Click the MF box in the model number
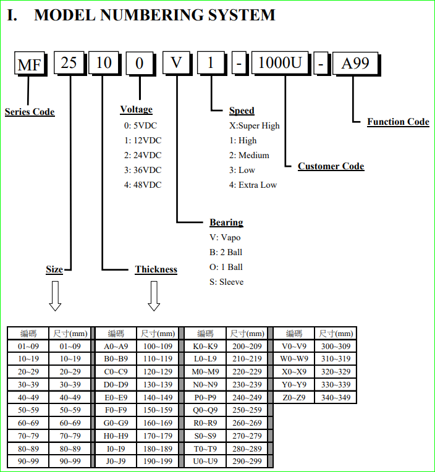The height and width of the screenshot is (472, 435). click(x=31, y=64)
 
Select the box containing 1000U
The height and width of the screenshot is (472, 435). click(x=280, y=64)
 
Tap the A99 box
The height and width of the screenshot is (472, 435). click(x=355, y=64)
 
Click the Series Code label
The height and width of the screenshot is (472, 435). click(x=30, y=112)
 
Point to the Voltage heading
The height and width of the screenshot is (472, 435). click(x=136, y=109)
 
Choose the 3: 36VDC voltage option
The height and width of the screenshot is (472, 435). click(x=143, y=170)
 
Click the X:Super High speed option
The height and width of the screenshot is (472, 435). click(x=255, y=125)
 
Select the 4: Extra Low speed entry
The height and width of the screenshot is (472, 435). click(x=253, y=185)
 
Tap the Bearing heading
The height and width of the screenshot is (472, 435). click(x=226, y=222)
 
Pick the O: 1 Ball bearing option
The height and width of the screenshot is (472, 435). click(x=226, y=267)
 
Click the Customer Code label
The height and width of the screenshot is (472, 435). click(x=331, y=166)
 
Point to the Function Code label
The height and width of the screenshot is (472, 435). click(x=398, y=122)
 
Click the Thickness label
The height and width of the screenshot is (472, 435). click(x=156, y=269)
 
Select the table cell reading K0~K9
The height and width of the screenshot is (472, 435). click(x=206, y=347)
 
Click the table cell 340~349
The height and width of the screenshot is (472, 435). click(x=336, y=398)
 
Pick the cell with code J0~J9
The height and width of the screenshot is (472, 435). click(x=116, y=461)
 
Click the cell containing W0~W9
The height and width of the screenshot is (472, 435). click(x=294, y=359)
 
